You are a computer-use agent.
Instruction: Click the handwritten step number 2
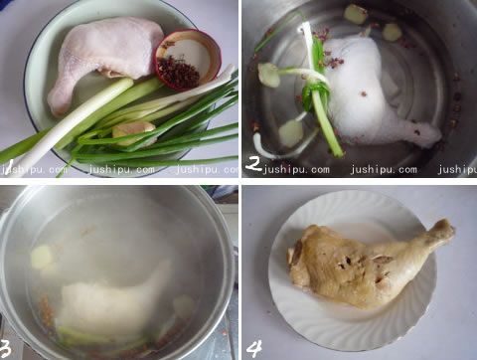[254, 162]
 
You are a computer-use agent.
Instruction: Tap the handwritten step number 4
[254, 347]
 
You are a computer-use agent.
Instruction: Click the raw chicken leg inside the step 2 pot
[373, 94]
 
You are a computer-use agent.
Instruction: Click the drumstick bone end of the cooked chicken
[441, 234]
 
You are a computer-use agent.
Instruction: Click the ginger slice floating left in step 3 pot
[41, 257]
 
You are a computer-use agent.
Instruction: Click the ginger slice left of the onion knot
[269, 74]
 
